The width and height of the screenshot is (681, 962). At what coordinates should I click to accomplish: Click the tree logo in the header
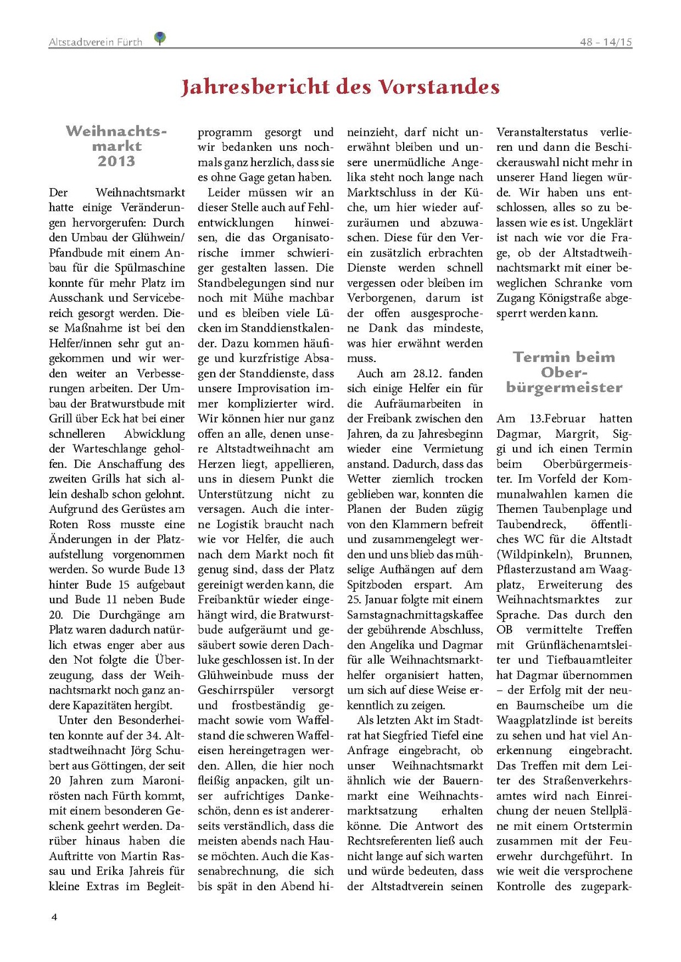pyautogui.click(x=160, y=38)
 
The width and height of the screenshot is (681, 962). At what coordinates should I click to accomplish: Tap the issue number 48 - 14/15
pyautogui.click(x=606, y=42)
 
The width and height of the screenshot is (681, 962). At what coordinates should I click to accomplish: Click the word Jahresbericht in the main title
pyautogui.click(x=255, y=87)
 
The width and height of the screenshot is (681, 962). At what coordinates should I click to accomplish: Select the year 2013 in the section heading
pyautogui.click(x=116, y=161)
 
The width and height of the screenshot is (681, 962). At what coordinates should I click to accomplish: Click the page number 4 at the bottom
pyautogui.click(x=55, y=917)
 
